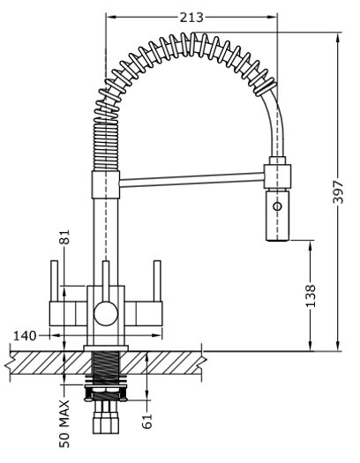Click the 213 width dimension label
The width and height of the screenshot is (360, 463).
(191, 18)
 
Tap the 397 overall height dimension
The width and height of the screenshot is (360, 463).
(338, 192)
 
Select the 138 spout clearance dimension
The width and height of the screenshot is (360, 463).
(310, 295)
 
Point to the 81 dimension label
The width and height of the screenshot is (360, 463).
(64, 237)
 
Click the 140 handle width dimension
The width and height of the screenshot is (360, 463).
(25, 336)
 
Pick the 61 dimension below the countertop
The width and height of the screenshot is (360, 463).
(147, 422)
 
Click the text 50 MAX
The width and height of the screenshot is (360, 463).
(64, 423)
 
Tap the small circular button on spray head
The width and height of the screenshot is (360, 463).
(277, 206)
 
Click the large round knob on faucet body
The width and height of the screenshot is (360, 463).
(106, 313)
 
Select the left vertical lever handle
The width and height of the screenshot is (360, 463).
(55, 281)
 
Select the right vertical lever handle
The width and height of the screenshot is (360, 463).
(157, 281)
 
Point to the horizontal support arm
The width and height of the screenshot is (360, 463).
(191, 180)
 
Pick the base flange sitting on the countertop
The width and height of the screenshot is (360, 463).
(106, 348)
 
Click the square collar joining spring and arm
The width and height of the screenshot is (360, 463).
(105, 184)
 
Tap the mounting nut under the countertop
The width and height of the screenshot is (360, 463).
(106, 392)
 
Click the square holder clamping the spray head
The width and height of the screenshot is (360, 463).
(277, 176)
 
